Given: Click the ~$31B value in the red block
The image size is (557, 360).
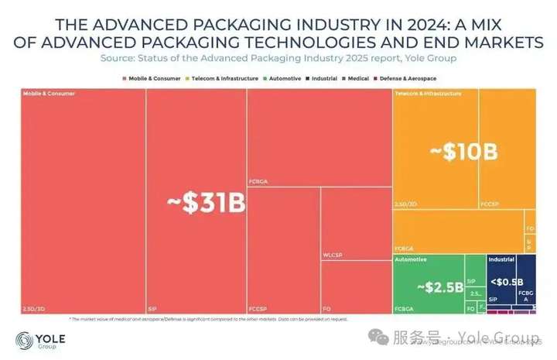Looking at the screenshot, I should [207, 203].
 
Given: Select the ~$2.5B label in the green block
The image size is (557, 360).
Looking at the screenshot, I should [439, 287].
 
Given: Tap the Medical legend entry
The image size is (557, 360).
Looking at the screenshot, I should [357, 78].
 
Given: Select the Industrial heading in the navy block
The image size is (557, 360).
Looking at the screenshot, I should [501, 259].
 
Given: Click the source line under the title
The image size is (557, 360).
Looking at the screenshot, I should [278, 58].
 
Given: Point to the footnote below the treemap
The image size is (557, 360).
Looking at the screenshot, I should [209, 319].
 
